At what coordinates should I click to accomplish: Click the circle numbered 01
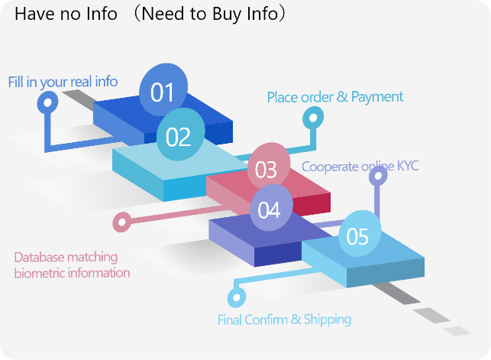[x=163, y=92]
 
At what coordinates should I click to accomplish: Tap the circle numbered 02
[x=179, y=136]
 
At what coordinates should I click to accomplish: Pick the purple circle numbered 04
[x=270, y=209]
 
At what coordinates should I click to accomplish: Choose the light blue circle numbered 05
[x=357, y=236]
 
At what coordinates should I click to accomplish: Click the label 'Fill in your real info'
[x=63, y=81]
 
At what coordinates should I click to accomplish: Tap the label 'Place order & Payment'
[x=335, y=97]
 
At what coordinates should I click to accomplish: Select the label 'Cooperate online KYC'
[x=360, y=166]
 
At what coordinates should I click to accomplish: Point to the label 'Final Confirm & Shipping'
[x=284, y=319]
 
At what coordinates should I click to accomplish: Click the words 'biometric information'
[x=72, y=273]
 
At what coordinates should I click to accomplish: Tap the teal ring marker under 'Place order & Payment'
[x=312, y=118]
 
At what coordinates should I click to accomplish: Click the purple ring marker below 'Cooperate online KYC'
[x=377, y=177]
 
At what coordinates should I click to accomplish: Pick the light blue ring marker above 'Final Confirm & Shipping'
[x=236, y=295]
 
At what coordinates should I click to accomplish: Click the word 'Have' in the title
[x=31, y=15]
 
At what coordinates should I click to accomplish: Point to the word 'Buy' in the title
[x=221, y=15]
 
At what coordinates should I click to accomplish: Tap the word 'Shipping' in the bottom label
[x=327, y=319]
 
